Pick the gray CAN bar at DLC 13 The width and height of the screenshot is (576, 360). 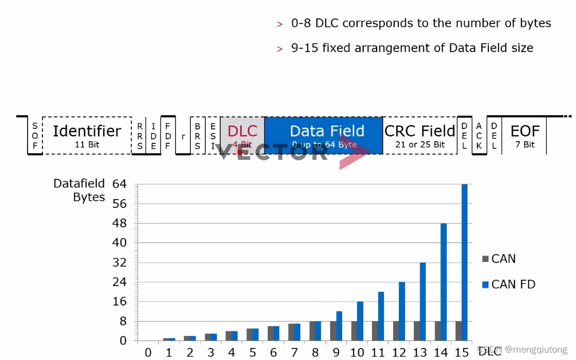pos(417,331)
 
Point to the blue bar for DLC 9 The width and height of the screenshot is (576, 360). pos(339,326)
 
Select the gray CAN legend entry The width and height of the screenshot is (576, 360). pos(499,259)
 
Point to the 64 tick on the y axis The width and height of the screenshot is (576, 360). pos(119,185)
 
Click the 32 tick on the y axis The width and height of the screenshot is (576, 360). pos(119,263)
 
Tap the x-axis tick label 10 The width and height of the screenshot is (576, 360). pos(356,351)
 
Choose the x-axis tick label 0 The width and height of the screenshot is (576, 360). pos(148,351)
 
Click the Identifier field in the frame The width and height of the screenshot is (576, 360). pos(87,135)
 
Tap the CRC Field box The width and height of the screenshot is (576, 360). pos(420,135)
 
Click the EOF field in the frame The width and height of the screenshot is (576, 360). pos(524,135)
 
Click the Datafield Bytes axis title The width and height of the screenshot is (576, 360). pos(79,190)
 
